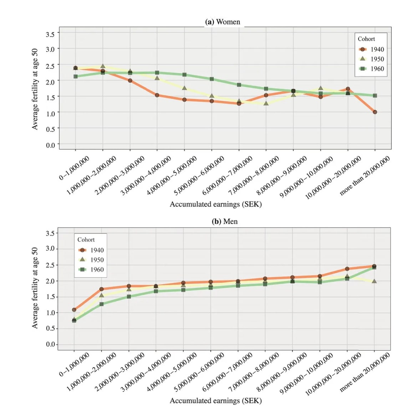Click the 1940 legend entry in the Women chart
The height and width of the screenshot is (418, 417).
pyautogui.click(x=371, y=49)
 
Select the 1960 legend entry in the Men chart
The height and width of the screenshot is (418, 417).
pyautogui.click(x=91, y=269)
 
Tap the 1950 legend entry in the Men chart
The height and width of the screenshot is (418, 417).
pyautogui.click(x=91, y=260)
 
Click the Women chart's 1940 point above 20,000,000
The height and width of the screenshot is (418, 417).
pyautogui.click(x=375, y=112)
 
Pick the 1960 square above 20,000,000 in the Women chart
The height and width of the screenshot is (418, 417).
pyautogui.click(x=375, y=95)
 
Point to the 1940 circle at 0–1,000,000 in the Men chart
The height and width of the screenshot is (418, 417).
pyautogui.click(x=74, y=310)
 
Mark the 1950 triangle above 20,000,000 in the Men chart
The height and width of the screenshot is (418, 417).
pyautogui.click(x=374, y=281)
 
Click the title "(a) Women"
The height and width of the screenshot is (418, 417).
pyautogui.click(x=223, y=22)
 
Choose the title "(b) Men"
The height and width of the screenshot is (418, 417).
pyautogui.click(x=225, y=222)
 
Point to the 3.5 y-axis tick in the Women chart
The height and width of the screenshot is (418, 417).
pyautogui.click(x=50, y=34)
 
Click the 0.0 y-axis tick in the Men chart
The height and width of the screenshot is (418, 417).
pyautogui.click(x=50, y=344)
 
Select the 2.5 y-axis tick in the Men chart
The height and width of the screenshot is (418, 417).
pyautogui.click(x=50, y=265)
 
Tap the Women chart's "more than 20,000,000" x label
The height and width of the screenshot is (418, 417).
pyautogui.click(x=365, y=176)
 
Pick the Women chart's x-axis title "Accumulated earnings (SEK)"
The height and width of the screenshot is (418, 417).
pyautogui.click(x=215, y=204)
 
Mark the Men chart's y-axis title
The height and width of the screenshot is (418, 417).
pyautogui.click(x=35, y=288)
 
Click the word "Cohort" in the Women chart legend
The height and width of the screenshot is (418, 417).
pyautogui.click(x=366, y=39)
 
